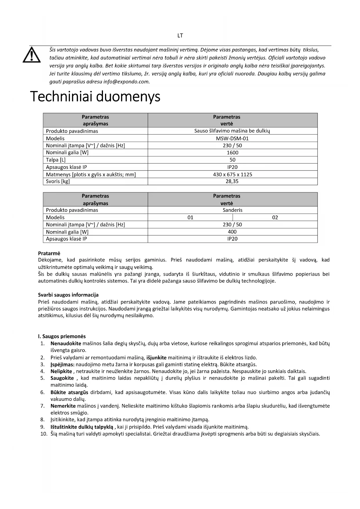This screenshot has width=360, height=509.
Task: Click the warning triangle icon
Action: pyautogui.click(x=32, y=55)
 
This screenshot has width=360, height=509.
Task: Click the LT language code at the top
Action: pyautogui.click(x=180, y=36)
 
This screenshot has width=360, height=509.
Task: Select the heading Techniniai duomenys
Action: pyautogui.click(x=95, y=97)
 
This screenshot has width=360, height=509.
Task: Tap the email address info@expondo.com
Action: pyautogui.click(x=126, y=82)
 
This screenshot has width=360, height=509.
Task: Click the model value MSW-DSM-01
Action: pyautogui.click(x=232, y=138)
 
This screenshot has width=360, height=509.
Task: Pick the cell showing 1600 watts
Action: pyautogui.click(x=232, y=153)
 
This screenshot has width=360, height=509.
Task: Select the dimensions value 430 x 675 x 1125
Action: pyautogui.click(x=232, y=174)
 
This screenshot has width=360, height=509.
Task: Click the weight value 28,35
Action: pyautogui.click(x=232, y=181)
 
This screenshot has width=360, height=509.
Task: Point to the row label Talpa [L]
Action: pyautogui.click(x=56, y=160)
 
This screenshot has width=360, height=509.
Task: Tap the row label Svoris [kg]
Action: pyautogui.click(x=58, y=181)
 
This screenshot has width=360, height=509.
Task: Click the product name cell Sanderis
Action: pyautogui.click(x=232, y=210)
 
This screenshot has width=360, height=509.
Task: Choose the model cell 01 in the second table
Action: pyautogui.click(x=190, y=217)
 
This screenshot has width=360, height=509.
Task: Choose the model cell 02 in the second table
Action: pyautogui.click(x=275, y=217)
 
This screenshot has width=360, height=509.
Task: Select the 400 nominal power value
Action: pyautogui.click(x=232, y=232)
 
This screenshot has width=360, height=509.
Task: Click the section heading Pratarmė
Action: pyautogui.click(x=49, y=253)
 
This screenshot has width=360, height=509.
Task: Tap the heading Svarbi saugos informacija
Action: pyautogui.click(x=68, y=295)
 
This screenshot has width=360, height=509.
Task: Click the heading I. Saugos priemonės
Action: pyautogui.click(x=62, y=336)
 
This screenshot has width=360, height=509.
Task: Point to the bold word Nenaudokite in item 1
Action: pyautogui.click(x=66, y=344)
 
